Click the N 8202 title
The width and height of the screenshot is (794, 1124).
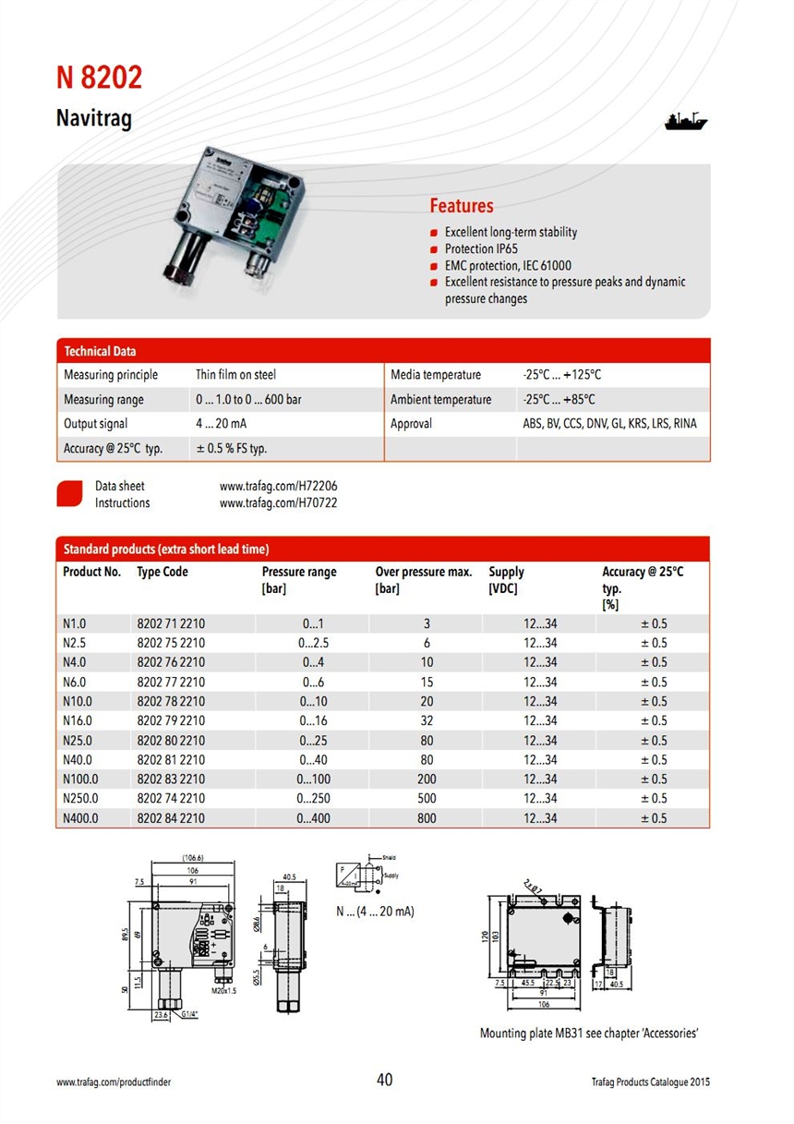click(100, 79)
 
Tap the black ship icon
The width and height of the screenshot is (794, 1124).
click(685, 121)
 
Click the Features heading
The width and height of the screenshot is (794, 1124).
click(462, 206)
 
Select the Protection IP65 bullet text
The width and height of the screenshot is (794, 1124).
click(481, 249)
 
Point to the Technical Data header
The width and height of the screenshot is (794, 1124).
click(100, 351)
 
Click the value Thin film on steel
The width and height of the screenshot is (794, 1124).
click(235, 375)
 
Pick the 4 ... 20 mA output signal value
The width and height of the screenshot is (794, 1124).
click(221, 424)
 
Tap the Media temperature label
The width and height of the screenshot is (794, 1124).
click(436, 375)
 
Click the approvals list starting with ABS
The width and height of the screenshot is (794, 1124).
click(609, 424)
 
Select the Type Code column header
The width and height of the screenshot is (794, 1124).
click(162, 572)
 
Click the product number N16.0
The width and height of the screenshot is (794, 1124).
click(78, 720)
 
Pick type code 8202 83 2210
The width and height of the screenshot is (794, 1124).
click(171, 780)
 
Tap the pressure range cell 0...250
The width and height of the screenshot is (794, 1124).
click(314, 799)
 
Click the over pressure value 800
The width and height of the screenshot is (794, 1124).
click(427, 818)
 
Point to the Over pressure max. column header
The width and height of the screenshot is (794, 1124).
click(423, 572)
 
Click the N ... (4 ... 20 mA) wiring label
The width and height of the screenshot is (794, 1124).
click(375, 912)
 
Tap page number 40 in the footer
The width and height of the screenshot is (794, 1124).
click(385, 1080)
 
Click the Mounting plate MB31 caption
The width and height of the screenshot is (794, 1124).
click(588, 1033)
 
